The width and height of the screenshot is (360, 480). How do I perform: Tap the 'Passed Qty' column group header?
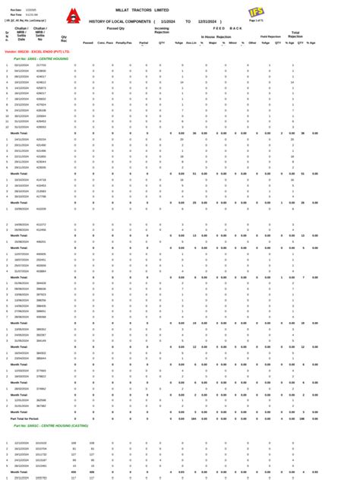[115, 28]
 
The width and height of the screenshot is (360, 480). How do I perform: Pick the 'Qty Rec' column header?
[64, 37]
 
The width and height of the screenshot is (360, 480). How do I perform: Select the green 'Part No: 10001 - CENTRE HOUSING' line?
[46, 58]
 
